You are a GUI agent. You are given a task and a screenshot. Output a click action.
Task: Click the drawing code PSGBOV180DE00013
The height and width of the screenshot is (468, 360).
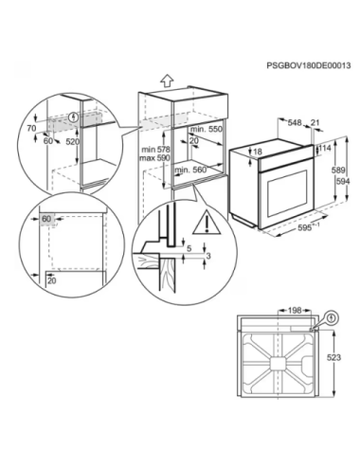(x=309, y=65)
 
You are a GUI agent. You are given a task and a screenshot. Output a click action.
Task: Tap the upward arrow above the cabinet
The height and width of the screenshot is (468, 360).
(x=167, y=81)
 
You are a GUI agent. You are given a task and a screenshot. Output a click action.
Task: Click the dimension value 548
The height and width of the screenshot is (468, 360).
(x=295, y=122)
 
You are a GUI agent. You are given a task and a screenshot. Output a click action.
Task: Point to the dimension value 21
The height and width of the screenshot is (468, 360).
(x=315, y=122)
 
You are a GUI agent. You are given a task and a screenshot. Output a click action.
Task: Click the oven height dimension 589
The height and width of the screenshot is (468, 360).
(x=338, y=171)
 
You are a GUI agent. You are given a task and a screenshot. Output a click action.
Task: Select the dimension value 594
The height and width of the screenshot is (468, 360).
(x=343, y=182)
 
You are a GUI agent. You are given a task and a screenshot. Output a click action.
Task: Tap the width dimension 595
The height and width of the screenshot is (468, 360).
(x=305, y=227)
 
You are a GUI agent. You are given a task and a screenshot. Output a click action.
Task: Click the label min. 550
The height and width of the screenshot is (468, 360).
(x=206, y=129)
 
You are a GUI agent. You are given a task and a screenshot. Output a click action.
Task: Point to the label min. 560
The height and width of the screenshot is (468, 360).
(x=190, y=170)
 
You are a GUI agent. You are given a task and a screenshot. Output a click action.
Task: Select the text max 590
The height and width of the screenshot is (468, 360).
(x=154, y=157)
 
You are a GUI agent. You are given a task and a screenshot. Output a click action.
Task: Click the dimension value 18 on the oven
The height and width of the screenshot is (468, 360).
(x=258, y=152)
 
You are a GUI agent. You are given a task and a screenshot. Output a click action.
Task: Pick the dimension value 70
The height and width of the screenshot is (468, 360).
(x=31, y=128)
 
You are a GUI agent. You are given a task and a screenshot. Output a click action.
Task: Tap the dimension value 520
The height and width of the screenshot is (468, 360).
(x=72, y=142)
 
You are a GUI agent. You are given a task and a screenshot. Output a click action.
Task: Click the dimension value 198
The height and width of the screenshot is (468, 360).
(x=295, y=311)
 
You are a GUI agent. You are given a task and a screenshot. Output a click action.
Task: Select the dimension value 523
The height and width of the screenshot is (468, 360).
(x=333, y=357)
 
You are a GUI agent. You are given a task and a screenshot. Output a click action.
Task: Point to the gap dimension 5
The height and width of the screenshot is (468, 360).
(x=189, y=248)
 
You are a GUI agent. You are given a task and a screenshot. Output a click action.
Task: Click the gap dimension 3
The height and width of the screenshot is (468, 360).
(x=208, y=256)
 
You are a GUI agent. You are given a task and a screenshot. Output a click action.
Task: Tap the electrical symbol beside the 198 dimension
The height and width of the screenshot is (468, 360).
(x=332, y=317)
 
